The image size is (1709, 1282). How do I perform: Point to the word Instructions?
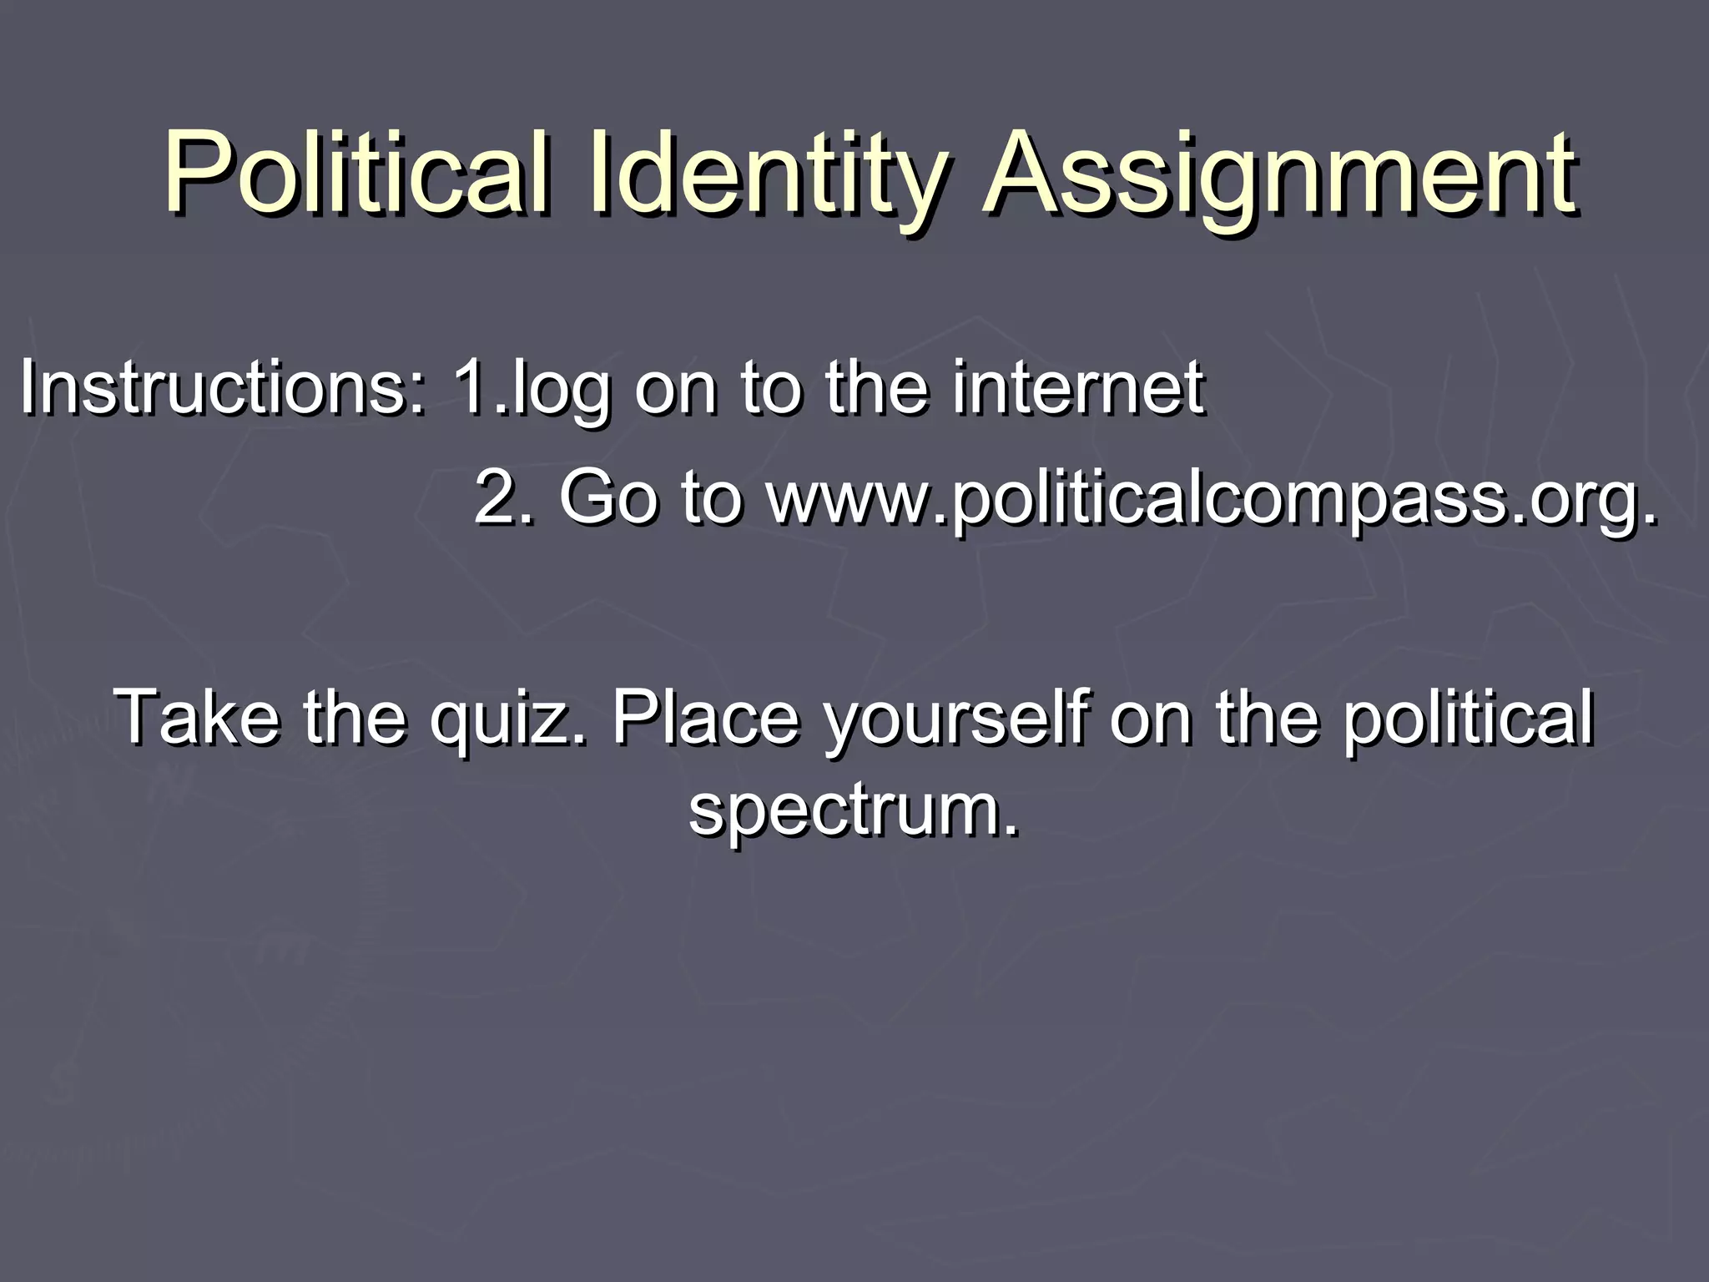222,387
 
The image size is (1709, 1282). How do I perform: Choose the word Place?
706,717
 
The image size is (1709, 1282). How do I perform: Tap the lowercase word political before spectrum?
1468,717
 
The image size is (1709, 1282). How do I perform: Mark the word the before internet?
876,387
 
